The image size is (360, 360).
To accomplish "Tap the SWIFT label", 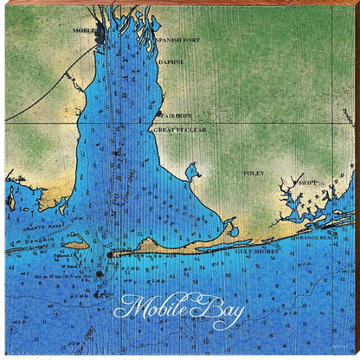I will (307, 183).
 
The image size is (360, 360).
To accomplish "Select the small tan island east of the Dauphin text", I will (75, 245).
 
